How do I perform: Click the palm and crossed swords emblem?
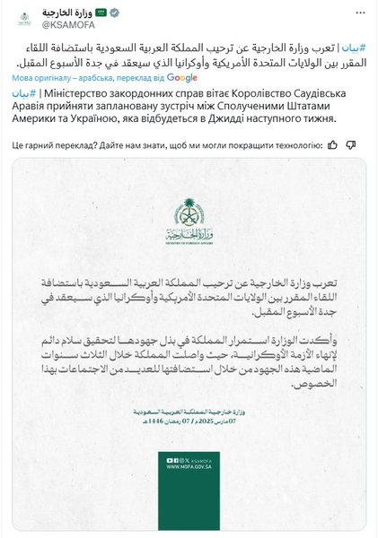(189, 215)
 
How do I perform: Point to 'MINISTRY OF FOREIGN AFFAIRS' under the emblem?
(189, 239)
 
